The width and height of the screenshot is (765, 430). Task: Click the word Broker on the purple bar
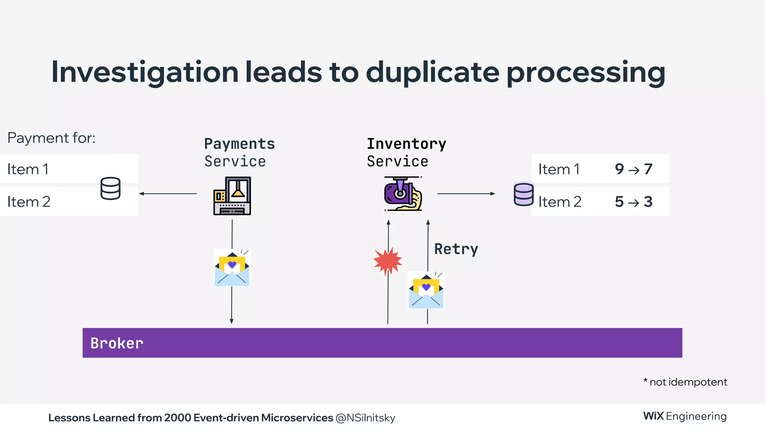click(x=117, y=343)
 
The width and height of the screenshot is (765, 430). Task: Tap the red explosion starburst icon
click(x=388, y=261)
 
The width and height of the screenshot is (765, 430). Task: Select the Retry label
click(x=456, y=249)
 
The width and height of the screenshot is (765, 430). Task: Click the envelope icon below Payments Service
click(x=232, y=268)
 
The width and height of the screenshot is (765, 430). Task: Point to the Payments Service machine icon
click(x=232, y=196)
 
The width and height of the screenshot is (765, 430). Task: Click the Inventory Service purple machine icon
click(x=403, y=194)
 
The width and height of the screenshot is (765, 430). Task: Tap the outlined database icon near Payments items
click(x=111, y=188)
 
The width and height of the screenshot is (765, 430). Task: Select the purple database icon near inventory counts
click(x=523, y=194)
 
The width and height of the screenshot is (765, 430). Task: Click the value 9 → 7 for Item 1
click(x=634, y=169)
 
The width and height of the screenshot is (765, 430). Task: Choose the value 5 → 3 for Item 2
click(x=634, y=202)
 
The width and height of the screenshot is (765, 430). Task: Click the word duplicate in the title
click(x=433, y=72)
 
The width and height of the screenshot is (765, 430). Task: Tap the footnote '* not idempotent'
click(x=685, y=382)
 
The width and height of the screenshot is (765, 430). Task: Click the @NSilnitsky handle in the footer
click(x=365, y=418)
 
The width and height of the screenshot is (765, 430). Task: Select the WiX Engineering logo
click(x=685, y=416)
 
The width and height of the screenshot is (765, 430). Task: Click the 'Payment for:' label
click(x=52, y=138)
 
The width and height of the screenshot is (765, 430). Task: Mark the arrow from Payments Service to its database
click(x=168, y=193)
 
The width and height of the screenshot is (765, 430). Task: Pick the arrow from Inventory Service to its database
click(x=466, y=193)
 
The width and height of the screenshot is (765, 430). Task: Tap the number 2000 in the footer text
click(x=177, y=418)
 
